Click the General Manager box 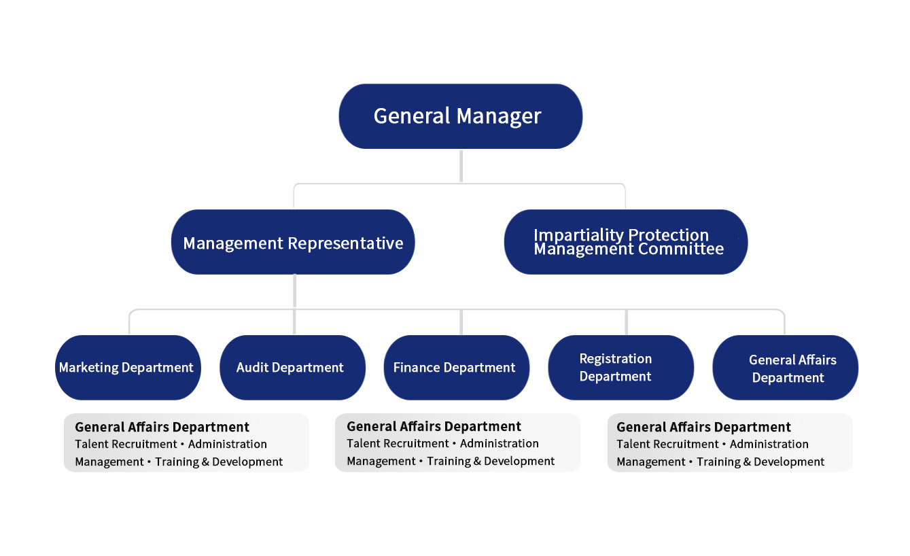(461, 116)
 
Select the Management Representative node (293, 242)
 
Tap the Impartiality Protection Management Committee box (626, 242)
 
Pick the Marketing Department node (128, 368)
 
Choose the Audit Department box (292, 368)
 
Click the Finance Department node (457, 368)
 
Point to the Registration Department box (620, 368)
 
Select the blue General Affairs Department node (785, 368)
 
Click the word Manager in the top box (499, 117)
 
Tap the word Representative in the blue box (345, 243)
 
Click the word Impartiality (578, 235)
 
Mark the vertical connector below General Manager (461, 167)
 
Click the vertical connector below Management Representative (294, 291)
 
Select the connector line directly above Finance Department (461, 322)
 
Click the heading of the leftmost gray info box (162, 427)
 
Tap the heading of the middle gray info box (434, 426)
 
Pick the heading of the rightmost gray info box (703, 427)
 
